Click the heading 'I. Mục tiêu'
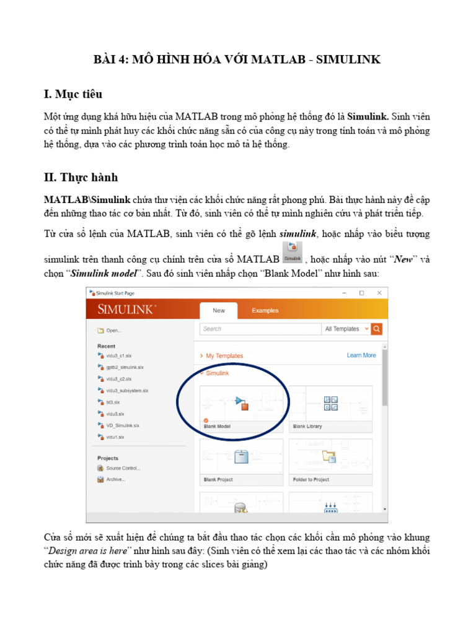73,94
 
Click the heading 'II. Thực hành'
81,178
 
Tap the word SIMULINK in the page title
348,59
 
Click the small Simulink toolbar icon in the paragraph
293,253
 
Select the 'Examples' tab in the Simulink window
265,311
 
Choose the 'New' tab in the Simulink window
219,311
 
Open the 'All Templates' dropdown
346,329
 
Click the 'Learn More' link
361,355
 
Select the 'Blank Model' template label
217,427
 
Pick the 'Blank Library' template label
307,427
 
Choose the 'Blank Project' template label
218,480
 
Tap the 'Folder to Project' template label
311,480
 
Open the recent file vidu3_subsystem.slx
127,391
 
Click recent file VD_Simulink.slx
122,425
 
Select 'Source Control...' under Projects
123,468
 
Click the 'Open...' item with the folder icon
113,331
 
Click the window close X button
379,293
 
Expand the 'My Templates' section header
224,356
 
